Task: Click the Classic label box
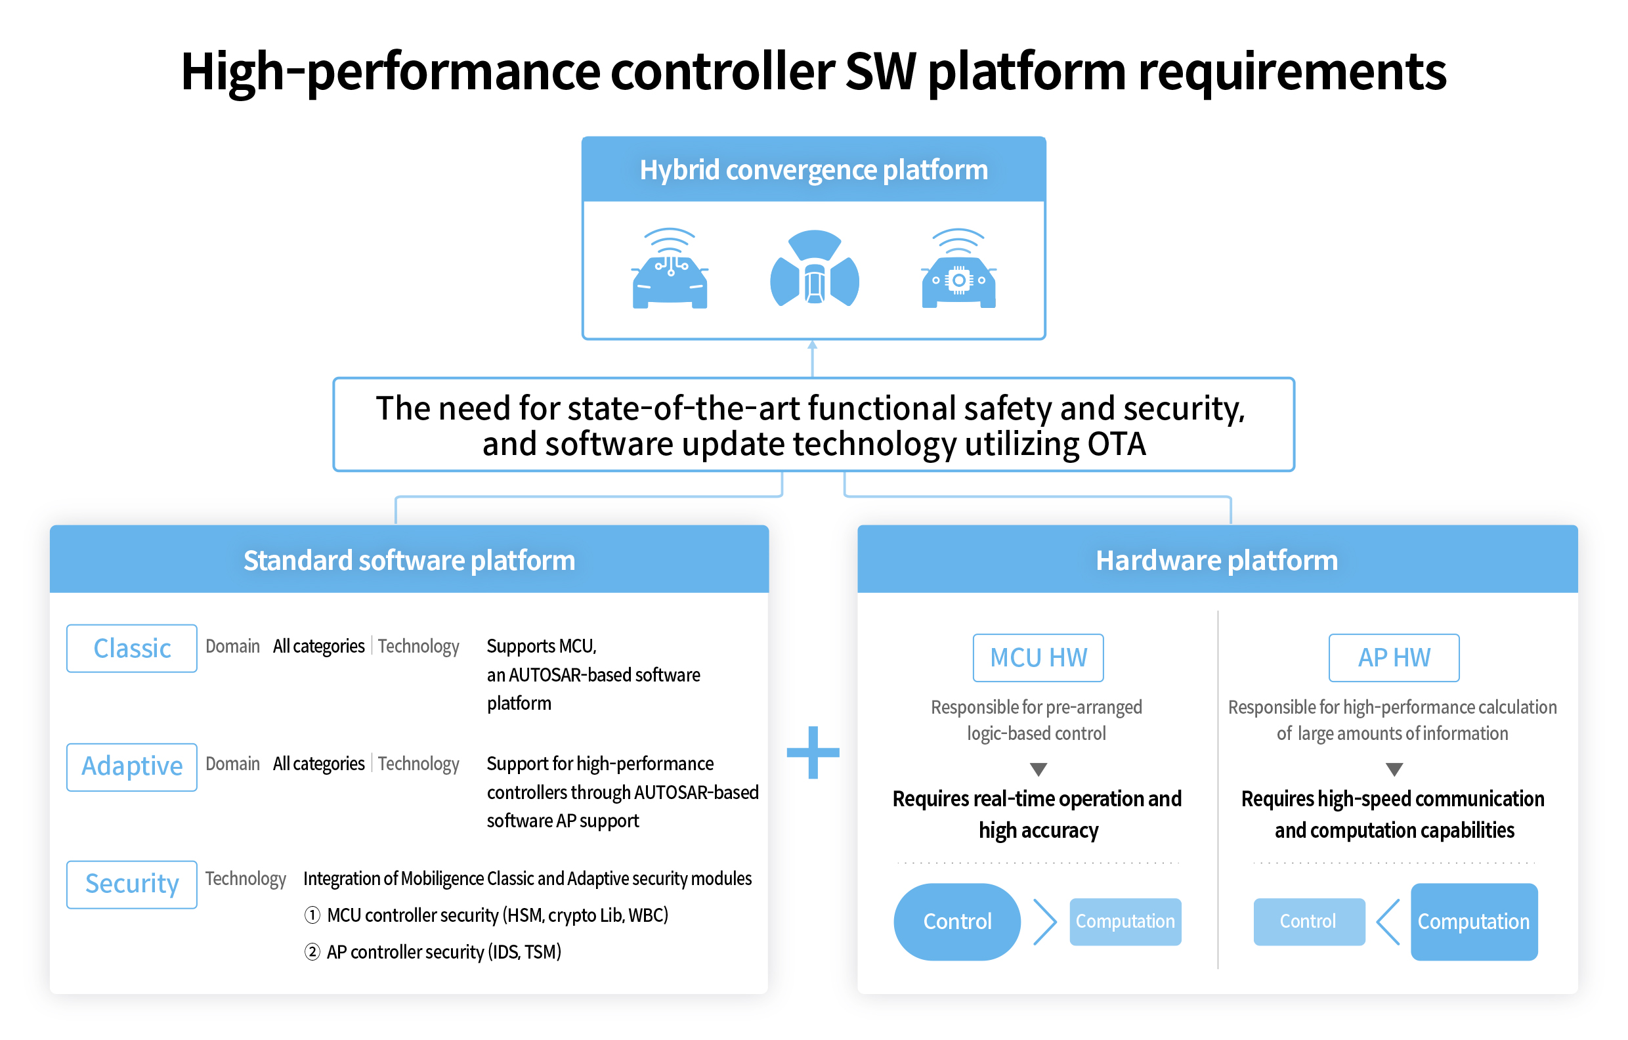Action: [x=132, y=648]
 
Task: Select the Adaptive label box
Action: [x=132, y=766]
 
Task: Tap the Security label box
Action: [x=132, y=884]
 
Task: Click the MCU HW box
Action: [x=1038, y=657]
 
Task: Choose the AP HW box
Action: [x=1394, y=657]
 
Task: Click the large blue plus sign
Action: [x=813, y=752]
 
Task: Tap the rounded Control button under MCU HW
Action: [x=956, y=921]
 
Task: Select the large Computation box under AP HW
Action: [x=1473, y=921]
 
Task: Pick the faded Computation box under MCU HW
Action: [x=1125, y=921]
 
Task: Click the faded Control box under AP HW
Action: [x=1308, y=921]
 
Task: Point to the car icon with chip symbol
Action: [x=958, y=271]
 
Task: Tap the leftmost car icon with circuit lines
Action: [x=670, y=271]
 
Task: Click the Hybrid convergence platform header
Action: [x=813, y=170]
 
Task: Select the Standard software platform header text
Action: [x=409, y=560]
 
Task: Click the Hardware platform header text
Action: [x=1216, y=560]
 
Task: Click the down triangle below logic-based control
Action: [x=1038, y=769]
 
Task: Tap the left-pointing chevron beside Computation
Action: [x=1388, y=921]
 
